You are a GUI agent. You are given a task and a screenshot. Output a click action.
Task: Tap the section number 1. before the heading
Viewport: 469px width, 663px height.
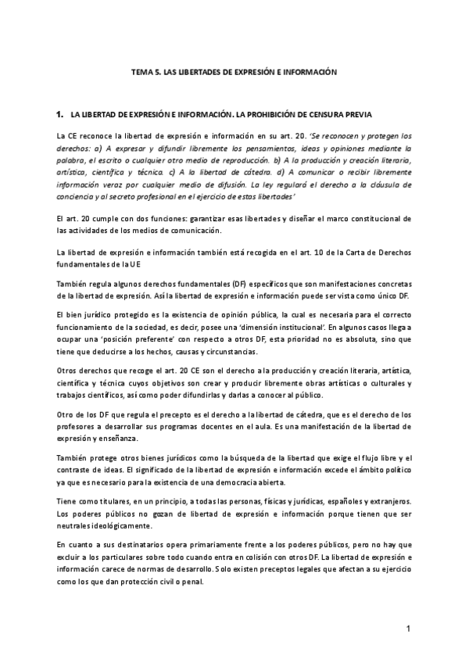point(59,114)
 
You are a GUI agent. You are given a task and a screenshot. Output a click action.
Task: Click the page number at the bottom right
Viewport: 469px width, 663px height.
point(408,629)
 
